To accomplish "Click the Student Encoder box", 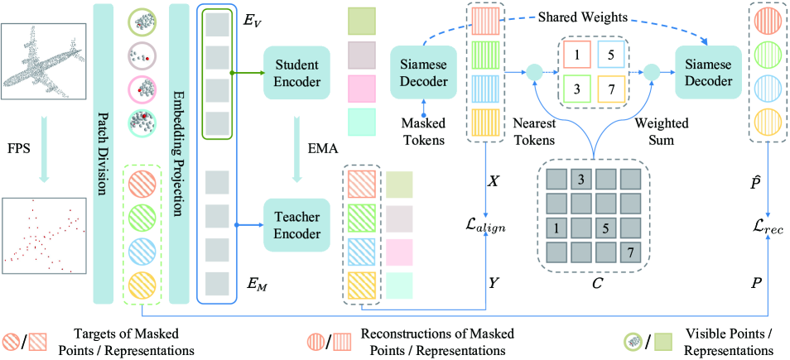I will tap(296, 72).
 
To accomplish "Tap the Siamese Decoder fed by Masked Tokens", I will tap(424, 71).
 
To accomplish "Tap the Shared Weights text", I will tap(583, 17).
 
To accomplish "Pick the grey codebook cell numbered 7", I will tap(629, 250).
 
